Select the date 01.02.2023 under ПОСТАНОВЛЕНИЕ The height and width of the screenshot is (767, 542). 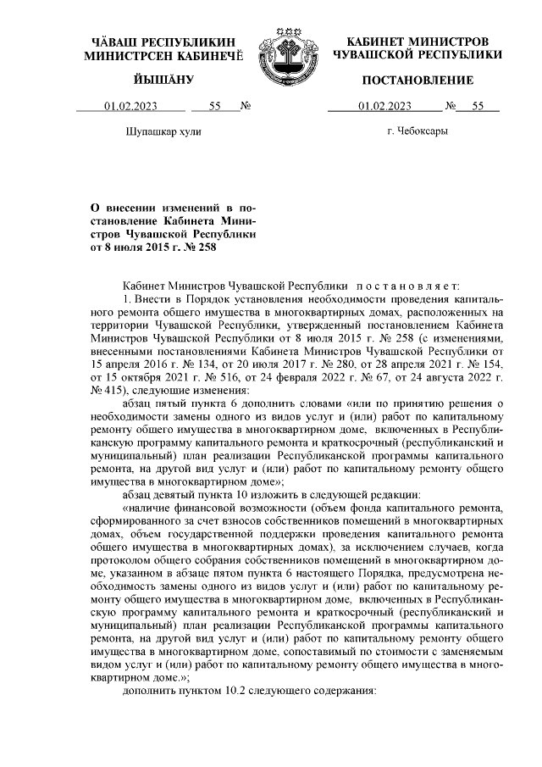[385, 107]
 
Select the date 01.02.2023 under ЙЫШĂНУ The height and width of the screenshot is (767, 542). [130, 107]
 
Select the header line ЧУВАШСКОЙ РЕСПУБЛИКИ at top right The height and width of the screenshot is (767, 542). [418, 54]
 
